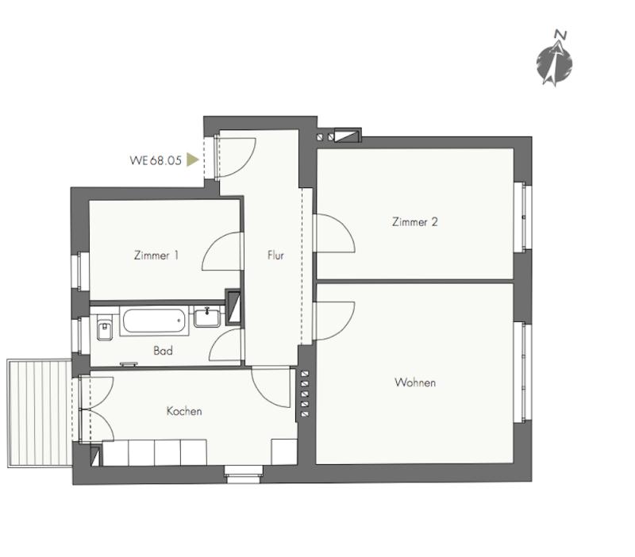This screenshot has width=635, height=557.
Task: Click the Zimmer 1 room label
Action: pyautogui.click(x=156, y=255)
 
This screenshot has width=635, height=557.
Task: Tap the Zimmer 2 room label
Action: pyautogui.click(x=414, y=222)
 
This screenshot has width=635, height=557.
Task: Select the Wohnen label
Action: pyautogui.click(x=415, y=382)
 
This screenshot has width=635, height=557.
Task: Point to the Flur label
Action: pyautogui.click(x=275, y=255)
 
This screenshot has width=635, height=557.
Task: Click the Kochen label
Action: pyautogui.click(x=184, y=411)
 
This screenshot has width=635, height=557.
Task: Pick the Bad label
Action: pyautogui.click(x=163, y=351)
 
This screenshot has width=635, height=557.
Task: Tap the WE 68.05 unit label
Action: pyautogui.click(x=156, y=160)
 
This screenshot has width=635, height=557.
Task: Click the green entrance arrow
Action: pyautogui.click(x=192, y=159)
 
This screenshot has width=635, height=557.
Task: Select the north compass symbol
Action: pyautogui.click(x=554, y=59)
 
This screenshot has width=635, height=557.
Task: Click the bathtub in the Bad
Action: pyautogui.click(x=154, y=321)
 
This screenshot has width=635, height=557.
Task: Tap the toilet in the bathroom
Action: pyautogui.click(x=104, y=327)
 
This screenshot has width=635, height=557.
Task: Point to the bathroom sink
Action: pyautogui.click(x=207, y=317)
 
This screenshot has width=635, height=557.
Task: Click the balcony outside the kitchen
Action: pyautogui.click(x=40, y=413)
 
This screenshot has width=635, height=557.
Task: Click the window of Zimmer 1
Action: pyautogui.click(x=81, y=271)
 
